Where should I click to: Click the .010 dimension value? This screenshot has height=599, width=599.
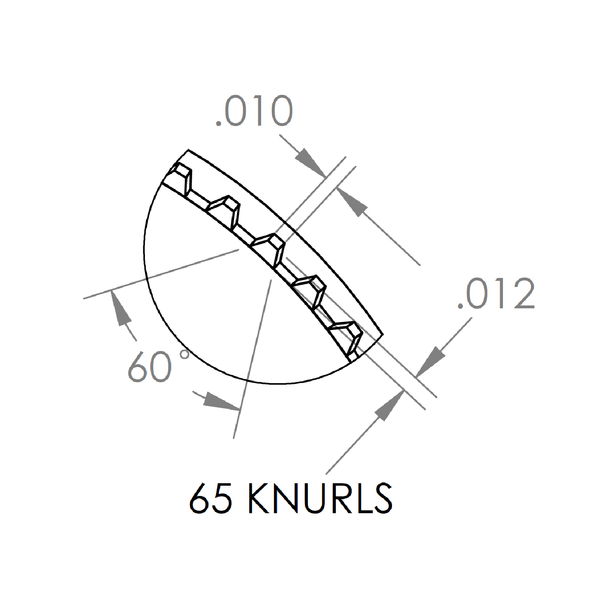coord(255,111)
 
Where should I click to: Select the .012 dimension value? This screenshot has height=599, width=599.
coord(496,293)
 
